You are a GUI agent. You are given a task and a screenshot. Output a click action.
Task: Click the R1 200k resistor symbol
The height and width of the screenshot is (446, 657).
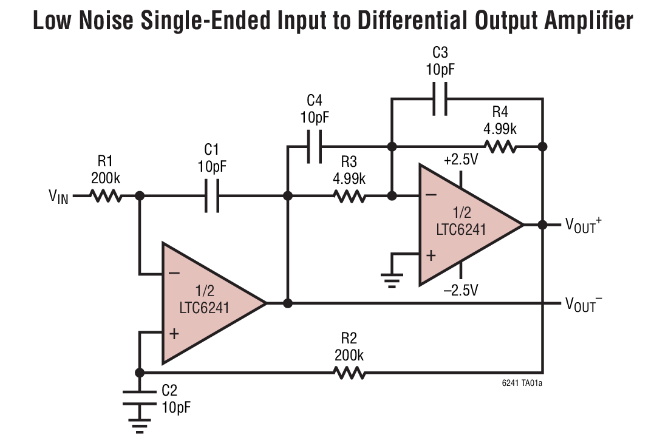pyautogui.click(x=106, y=195)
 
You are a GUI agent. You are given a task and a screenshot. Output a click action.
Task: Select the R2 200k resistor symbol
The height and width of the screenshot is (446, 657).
pyautogui.click(x=349, y=372)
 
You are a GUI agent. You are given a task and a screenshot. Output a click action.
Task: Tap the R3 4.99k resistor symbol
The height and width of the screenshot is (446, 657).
pyautogui.click(x=349, y=195)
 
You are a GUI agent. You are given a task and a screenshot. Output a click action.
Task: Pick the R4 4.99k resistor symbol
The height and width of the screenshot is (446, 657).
pyautogui.click(x=500, y=146)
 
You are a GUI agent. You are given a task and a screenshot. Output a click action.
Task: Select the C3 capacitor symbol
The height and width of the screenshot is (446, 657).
pyautogui.click(x=440, y=98)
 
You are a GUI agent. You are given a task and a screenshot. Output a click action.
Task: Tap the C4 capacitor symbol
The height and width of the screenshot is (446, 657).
pyautogui.click(x=314, y=146)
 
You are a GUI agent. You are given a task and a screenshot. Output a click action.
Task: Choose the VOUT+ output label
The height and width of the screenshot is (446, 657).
pyautogui.click(x=584, y=225)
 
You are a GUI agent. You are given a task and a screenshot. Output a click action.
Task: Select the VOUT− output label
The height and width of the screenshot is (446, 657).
pyautogui.click(x=584, y=303)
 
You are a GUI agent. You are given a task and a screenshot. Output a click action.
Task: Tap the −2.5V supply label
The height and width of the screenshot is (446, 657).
pyautogui.click(x=460, y=290)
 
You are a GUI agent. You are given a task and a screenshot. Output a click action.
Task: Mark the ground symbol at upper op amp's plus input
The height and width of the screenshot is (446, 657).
pyautogui.click(x=392, y=281)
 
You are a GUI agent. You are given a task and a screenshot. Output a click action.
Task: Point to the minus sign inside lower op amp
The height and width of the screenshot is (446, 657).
pyautogui.click(x=174, y=274)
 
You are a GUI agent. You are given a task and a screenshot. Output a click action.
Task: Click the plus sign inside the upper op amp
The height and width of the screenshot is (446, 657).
pyautogui.click(x=431, y=255)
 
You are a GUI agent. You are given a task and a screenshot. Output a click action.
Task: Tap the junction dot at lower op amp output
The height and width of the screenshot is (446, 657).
pyautogui.click(x=288, y=303)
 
